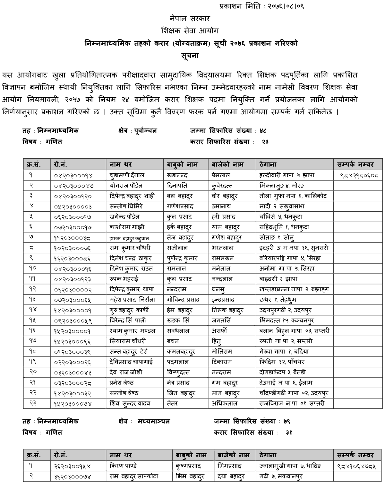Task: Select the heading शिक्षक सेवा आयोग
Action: tap(190, 31)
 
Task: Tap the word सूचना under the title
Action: tap(190, 55)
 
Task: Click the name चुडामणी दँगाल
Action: tap(127, 175)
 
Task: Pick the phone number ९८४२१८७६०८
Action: tap(359, 175)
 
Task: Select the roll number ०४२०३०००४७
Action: tap(74, 186)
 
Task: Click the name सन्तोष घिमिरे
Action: tap(126, 206)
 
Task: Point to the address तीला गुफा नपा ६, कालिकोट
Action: tap(293, 196)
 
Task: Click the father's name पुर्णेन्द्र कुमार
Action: tap(182, 258)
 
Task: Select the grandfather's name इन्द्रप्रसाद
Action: tap(223, 300)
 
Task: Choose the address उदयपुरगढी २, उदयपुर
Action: tap(285, 310)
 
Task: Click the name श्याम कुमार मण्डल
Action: tap(132, 331)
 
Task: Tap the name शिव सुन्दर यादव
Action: tap(130, 403)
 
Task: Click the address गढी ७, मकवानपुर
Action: tap(281, 476)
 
